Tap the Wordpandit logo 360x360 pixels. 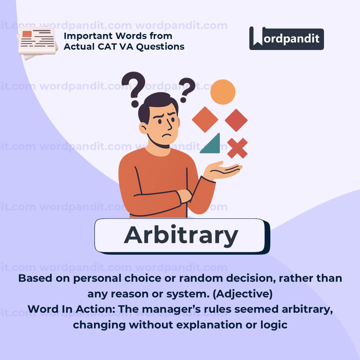[x=287, y=38]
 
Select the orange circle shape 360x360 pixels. [x=223, y=92]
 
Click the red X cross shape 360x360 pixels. [x=237, y=148]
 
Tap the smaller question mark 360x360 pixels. [x=187, y=90]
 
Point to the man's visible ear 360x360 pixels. [x=143, y=128]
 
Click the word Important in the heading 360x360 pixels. [x=88, y=36]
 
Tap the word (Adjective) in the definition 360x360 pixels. [x=243, y=294]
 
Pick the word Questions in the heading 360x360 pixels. [x=160, y=47]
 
